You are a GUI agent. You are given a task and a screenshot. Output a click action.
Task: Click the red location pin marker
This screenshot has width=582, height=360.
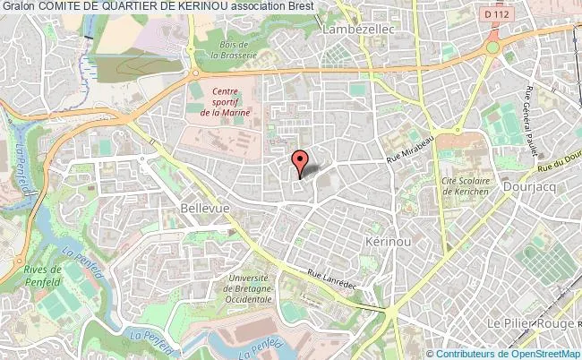[x=301, y=160]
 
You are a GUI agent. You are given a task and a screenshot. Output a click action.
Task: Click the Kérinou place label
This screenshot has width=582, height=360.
[x=388, y=243]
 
